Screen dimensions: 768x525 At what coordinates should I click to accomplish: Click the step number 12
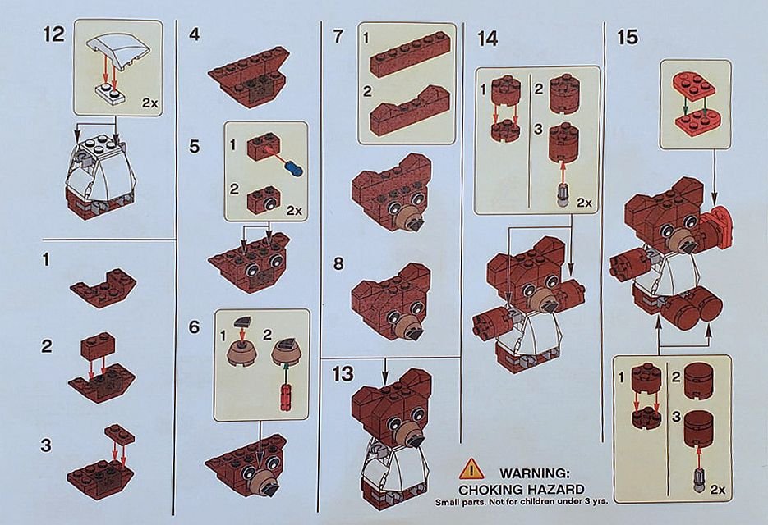point(53,34)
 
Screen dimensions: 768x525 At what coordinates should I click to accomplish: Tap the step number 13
point(343,374)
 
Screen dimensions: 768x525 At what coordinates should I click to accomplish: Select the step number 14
point(487,38)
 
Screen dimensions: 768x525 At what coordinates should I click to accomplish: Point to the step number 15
point(628,37)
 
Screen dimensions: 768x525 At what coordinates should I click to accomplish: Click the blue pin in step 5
point(293,170)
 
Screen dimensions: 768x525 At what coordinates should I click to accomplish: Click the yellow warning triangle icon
point(471,468)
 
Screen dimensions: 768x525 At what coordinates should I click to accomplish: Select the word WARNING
point(535,473)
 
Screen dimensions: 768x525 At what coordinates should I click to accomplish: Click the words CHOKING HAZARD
point(521,489)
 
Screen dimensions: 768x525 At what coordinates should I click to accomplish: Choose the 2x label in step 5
point(294,210)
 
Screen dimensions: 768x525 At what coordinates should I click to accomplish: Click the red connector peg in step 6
point(284,396)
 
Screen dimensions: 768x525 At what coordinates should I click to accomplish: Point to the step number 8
point(338,263)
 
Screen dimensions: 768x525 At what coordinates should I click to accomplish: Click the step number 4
point(195,34)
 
